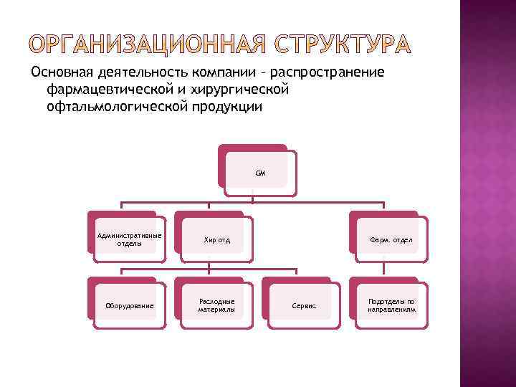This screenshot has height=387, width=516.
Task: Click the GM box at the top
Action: [x=259, y=173]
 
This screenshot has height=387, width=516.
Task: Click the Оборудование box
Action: [x=129, y=306]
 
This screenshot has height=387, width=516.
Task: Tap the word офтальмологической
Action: [x=117, y=107]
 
